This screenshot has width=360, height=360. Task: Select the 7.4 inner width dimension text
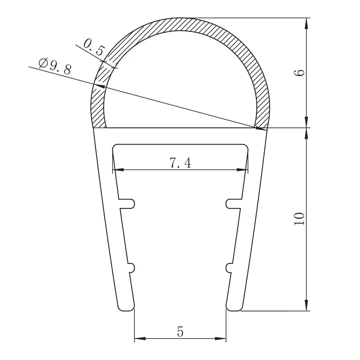click(x=180, y=163)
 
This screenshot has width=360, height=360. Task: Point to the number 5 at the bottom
click(x=180, y=331)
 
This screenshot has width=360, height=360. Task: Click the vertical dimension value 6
click(x=299, y=73)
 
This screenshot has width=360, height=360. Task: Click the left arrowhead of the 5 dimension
click(x=140, y=338)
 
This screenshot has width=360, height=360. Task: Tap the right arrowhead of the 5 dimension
click(x=220, y=338)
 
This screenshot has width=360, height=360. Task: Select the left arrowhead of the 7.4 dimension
click(x=118, y=170)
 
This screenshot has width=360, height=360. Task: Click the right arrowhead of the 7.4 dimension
click(x=242, y=170)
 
